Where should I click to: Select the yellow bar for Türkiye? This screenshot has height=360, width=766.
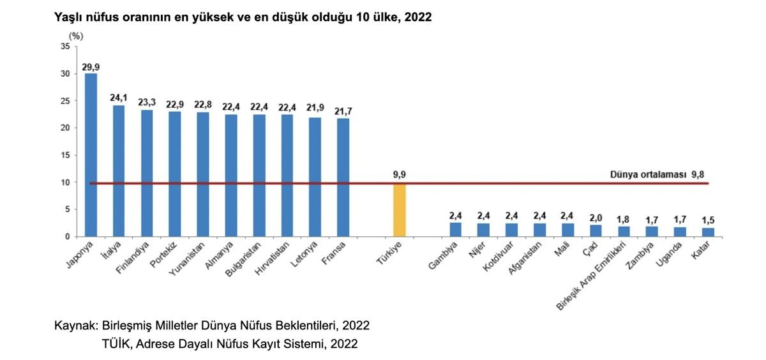(399, 210)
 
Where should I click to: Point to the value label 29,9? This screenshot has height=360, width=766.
(91, 66)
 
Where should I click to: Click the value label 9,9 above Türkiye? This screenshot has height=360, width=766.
(399, 174)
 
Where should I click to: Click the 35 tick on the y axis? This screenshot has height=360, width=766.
(66, 47)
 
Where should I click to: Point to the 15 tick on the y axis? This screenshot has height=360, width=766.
(66, 155)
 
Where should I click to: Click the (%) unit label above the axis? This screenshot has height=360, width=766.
(76, 36)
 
